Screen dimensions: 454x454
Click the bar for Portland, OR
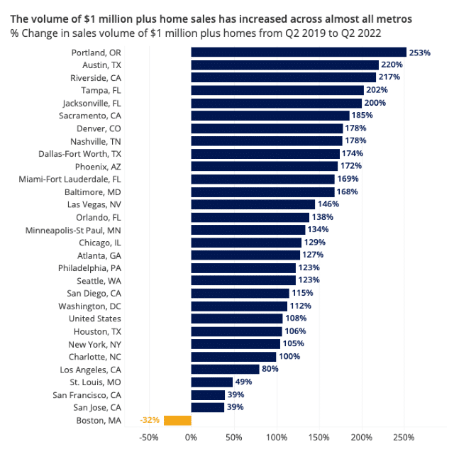coord(298,52)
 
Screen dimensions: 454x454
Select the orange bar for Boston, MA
coord(177,420)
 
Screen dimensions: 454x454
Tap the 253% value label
coord(420,52)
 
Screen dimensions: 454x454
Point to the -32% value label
coord(150,420)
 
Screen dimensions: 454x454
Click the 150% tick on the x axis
coord(319,436)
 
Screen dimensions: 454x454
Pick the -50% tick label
coord(148,436)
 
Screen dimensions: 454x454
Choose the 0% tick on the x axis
coord(191,436)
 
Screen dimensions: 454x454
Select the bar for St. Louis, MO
coord(212,382)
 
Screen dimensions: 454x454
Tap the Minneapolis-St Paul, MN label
coord(73,230)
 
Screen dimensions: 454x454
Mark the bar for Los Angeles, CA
coord(225,369)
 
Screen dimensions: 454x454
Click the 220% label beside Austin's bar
coord(392,65)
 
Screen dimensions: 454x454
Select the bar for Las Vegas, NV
coord(253,204)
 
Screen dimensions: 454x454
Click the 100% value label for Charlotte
coord(289,356)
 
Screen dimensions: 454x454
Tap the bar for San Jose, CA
coord(208,407)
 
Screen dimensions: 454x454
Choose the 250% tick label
coord(404,436)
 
